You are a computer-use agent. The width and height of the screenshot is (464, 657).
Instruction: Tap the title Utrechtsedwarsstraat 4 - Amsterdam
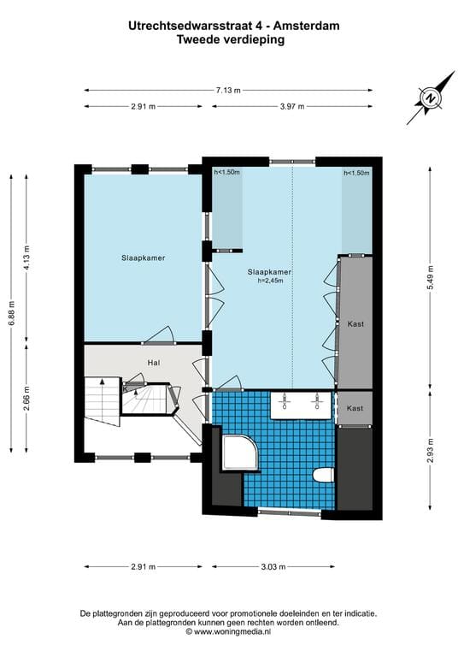pyautogui.click(x=232, y=26)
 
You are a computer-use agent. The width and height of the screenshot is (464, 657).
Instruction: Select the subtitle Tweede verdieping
pyautogui.click(x=232, y=38)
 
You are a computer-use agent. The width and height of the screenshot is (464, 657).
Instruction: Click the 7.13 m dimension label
pyautogui.click(x=228, y=89)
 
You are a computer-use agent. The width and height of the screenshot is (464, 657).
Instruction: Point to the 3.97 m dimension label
pyautogui.click(x=292, y=106)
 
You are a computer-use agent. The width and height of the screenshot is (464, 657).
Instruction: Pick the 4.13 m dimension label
pyautogui.click(x=28, y=257)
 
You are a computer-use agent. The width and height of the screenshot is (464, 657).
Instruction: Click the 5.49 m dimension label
pyautogui.click(x=429, y=295)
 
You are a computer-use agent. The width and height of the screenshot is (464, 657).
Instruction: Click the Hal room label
pyautogui.click(x=154, y=363)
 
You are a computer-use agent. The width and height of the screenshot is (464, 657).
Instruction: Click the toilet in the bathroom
pyautogui.click(x=323, y=474)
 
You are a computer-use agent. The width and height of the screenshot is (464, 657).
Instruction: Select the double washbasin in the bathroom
pyautogui.click(x=302, y=405)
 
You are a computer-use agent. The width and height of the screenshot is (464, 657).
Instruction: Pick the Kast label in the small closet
pyautogui.click(x=355, y=408)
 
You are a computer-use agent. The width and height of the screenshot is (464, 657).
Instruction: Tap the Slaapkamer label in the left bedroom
pyautogui.click(x=142, y=257)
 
